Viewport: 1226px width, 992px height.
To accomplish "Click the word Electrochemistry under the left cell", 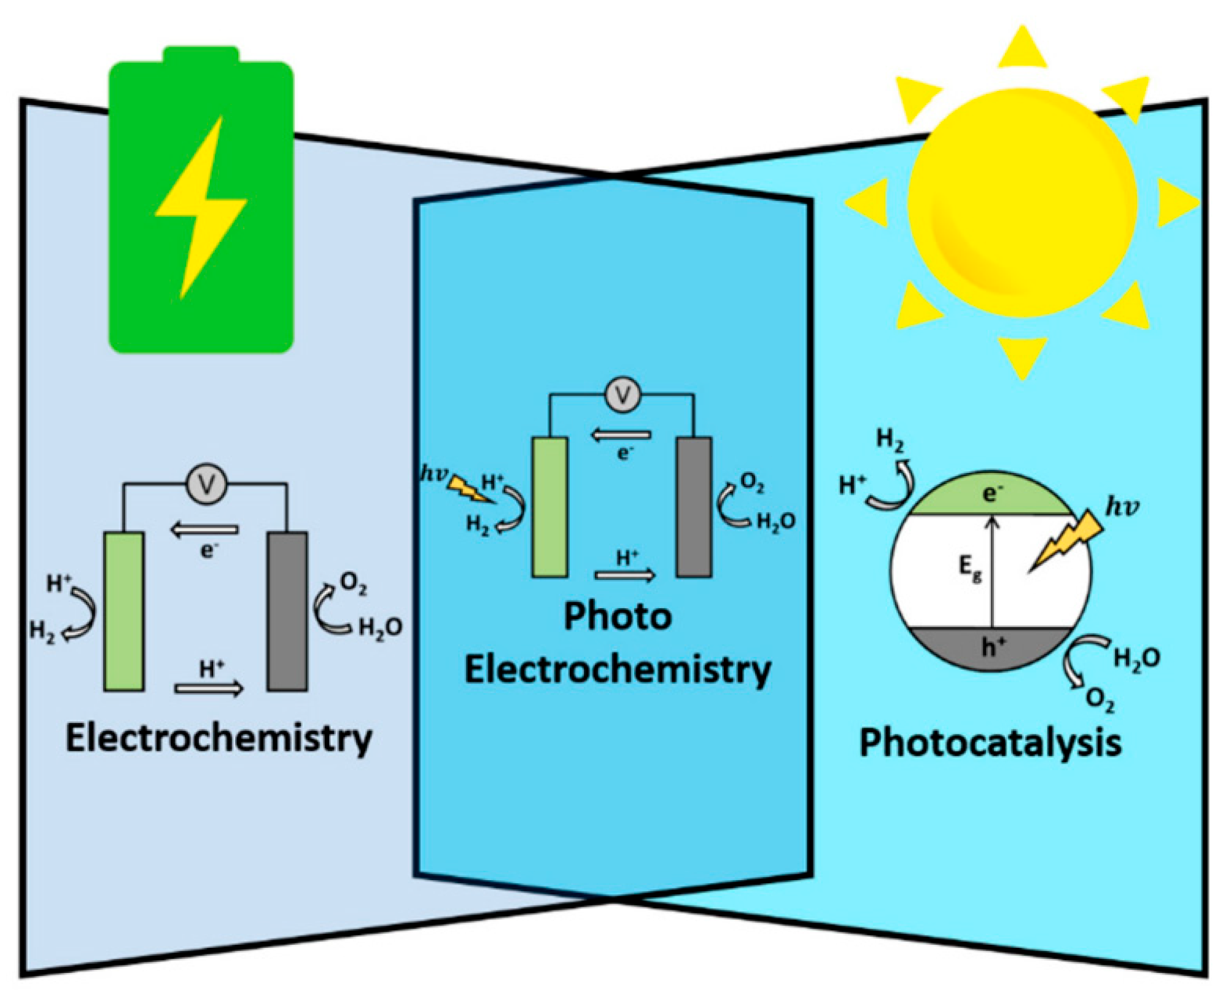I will [219, 738].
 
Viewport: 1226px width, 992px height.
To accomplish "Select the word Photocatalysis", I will [990, 743].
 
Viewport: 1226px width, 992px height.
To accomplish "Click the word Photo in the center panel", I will [617, 616].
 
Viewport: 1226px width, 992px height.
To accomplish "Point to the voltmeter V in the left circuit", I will [208, 485].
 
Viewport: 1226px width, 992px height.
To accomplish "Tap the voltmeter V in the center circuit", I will [623, 395].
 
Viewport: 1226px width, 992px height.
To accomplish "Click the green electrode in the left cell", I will [124, 611].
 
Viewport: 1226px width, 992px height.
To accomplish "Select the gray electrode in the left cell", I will [287, 611].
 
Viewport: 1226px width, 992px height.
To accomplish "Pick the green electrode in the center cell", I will [549, 507].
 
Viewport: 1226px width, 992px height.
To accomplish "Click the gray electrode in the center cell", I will [694, 507].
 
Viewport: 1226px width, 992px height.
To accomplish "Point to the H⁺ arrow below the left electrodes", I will [209, 689].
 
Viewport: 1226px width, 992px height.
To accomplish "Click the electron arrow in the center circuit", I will [621, 435].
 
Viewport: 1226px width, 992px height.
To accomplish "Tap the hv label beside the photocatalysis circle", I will [1122, 507].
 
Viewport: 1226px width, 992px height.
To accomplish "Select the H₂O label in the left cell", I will [380, 628].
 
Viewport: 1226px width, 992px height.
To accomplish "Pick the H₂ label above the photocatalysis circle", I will [889, 440].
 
